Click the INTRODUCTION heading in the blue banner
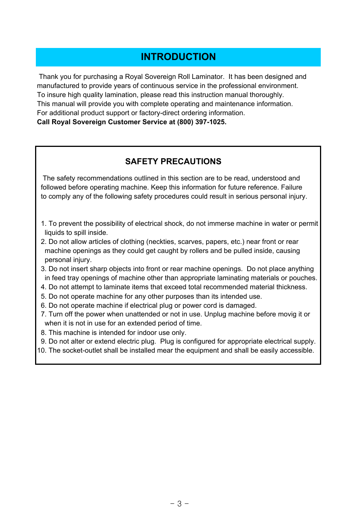pyautogui.click(x=178, y=57)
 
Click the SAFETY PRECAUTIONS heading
pyautogui.click(x=173, y=162)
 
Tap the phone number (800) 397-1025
pyautogui.click(x=202, y=122)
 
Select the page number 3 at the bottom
pyautogui.click(x=180, y=504)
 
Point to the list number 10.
pyautogui.click(x=41, y=350)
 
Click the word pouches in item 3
pyautogui.click(x=303, y=278)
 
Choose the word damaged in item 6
pyautogui.click(x=240, y=305)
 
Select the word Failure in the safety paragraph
pyautogui.click(x=291, y=187)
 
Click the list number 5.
pyautogui.click(x=43, y=296)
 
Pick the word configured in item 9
pyautogui.click(x=199, y=341)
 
